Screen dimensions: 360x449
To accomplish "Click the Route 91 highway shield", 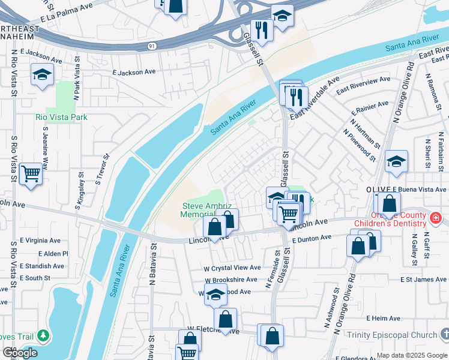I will coord(152,46).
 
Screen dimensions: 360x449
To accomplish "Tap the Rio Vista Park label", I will coord(61,117).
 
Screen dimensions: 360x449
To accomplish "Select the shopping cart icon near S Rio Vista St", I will coord(31,174).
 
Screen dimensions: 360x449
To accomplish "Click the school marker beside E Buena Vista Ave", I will coord(396,162).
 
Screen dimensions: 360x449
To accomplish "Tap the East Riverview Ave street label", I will coord(363,85).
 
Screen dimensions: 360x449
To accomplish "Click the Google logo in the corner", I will coord(20,353).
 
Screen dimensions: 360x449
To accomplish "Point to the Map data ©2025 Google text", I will coord(411,355).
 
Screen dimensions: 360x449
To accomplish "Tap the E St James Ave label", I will coord(423,279).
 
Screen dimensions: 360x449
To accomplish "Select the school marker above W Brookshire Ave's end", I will coord(215,295).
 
